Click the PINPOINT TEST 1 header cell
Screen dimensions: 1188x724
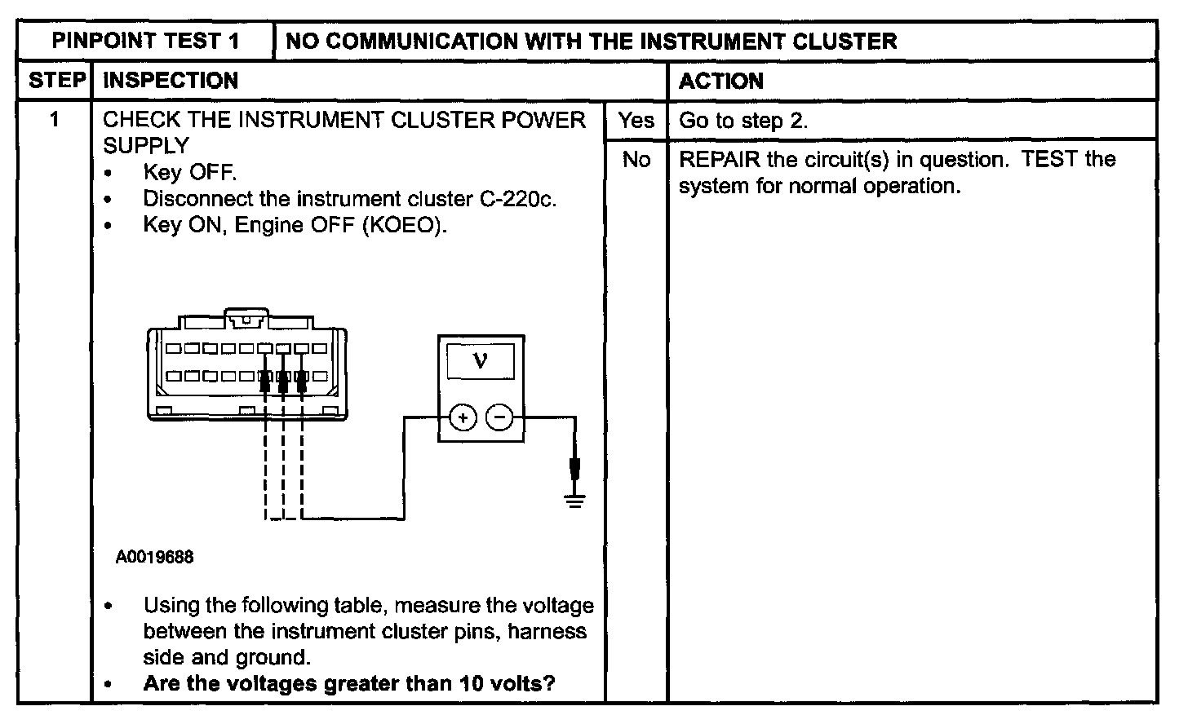pyautogui.click(x=145, y=41)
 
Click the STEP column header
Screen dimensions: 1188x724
pyautogui.click(x=57, y=80)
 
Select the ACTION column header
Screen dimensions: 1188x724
pyautogui.click(x=720, y=81)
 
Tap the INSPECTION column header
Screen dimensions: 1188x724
pyautogui.click(x=171, y=81)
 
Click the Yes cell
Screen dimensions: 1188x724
pyautogui.click(x=636, y=121)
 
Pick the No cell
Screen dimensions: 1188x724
pyautogui.click(x=636, y=160)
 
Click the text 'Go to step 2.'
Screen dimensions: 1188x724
pyautogui.click(x=743, y=121)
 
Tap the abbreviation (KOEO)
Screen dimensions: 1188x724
pyautogui.click(x=405, y=225)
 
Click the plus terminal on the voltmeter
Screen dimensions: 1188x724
pyautogui.click(x=463, y=418)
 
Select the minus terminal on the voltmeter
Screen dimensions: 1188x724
pyautogui.click(x=499, y=417)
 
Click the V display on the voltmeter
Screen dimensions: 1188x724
pyautogui.click(x=480, y=361)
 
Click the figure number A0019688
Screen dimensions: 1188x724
pyautogui.click(x=154, y=557)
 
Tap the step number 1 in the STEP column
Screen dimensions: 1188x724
pyautogui.click(x=54, y=120)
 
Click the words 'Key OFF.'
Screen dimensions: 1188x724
pyautogui.click(x=190, y=172)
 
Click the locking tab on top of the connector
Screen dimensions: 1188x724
pyautogui.click(x=246, y=317)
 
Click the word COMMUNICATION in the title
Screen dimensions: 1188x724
pyautogui.click(x=422, y=42)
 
